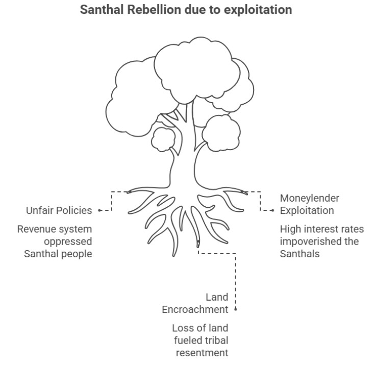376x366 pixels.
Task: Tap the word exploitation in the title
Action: coord(258,10)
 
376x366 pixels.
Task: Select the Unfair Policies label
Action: coord(59,210)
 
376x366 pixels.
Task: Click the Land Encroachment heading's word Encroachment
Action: coord(195,309)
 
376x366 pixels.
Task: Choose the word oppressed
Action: coord(68,241)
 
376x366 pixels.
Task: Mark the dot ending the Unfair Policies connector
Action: coord(98,210)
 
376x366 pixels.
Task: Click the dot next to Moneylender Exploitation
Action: coord(273,210)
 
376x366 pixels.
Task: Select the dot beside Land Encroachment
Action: coord(236,309)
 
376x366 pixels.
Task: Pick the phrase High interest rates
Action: coord(321,229)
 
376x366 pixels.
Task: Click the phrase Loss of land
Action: coord(200,328)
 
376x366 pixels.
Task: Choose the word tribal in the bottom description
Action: coord(215,340)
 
